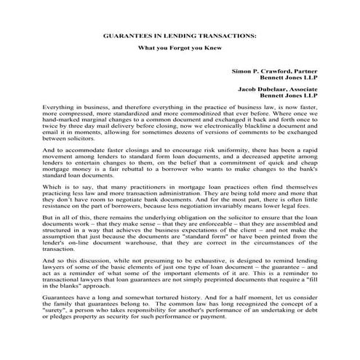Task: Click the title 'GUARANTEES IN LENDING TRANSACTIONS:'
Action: (180, 34)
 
